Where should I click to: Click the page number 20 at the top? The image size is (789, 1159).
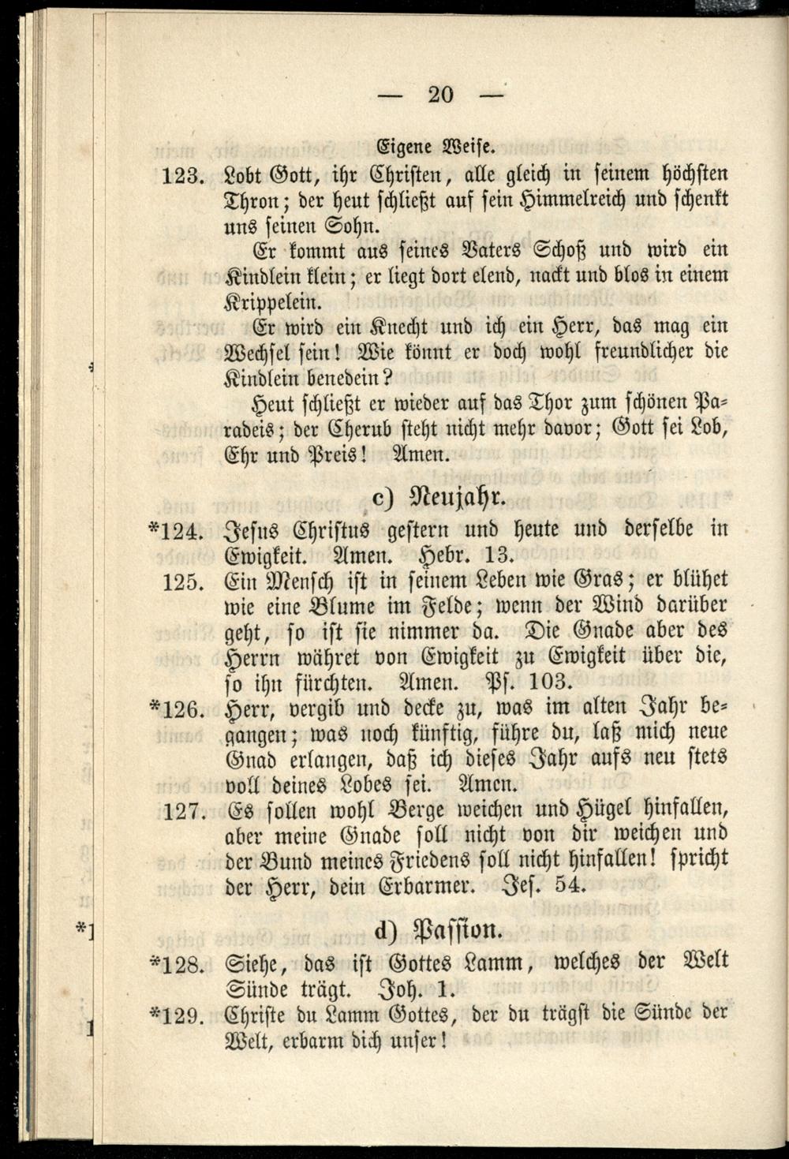point(440,95)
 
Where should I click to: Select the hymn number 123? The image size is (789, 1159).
point(183,175)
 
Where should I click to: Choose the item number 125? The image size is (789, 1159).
point(185,581)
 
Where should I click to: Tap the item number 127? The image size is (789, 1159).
point(185,810)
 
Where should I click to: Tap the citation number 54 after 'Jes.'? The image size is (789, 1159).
point(570,885)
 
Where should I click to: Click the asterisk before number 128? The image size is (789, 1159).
point(154,960)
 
